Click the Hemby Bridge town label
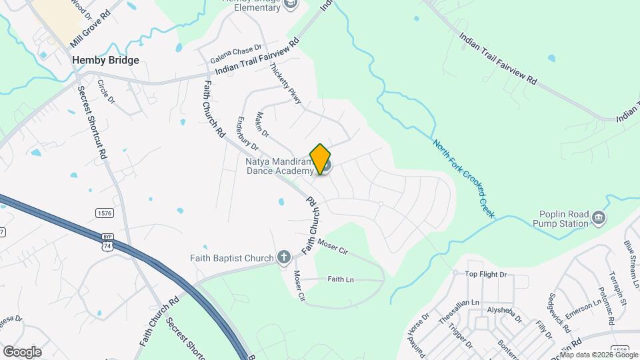tap(105, 60)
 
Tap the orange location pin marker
tap(321, 159)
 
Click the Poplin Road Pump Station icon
tap(599, 218)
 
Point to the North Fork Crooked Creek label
tap(463, 178)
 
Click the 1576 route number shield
tap(103, 213)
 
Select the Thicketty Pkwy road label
tap(286, 83)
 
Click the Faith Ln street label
tap(341, 279)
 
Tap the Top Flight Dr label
tap(486, 274)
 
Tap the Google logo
tap(21, 352)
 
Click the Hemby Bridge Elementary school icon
tap(290, 4)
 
